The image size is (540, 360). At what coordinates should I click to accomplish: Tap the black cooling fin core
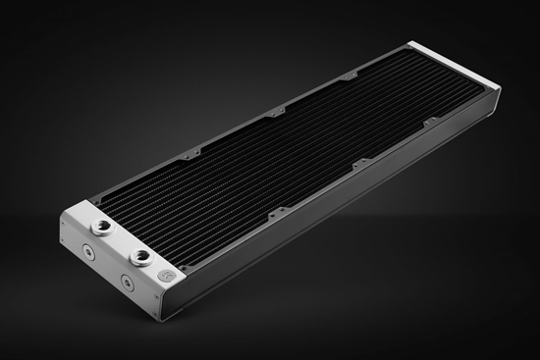point(295,147)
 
